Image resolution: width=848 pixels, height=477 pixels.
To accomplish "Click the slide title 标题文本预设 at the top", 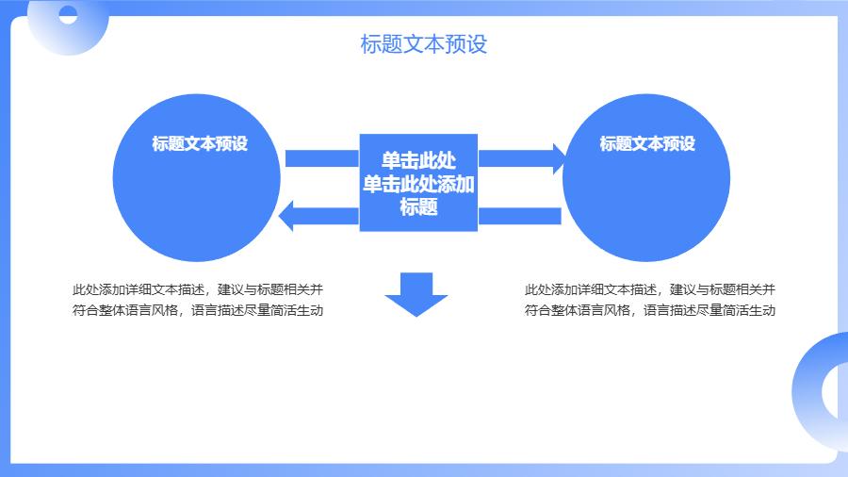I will (x=424, y=44).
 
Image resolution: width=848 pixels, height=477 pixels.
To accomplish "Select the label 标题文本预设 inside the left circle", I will (x=200, y=144).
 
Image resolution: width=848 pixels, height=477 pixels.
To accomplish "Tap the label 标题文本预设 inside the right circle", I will (x=647, y=144).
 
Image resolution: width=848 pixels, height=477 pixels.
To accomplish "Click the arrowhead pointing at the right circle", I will (x=559, y=157).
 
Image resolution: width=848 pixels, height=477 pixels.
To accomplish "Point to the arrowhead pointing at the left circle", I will (x=288, y=216).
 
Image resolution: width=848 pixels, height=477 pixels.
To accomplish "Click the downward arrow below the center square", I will (x=416, y=295).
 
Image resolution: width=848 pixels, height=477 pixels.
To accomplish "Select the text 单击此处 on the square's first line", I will (x=418, y=160).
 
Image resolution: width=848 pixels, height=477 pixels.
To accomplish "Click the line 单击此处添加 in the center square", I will (x=418, y=184).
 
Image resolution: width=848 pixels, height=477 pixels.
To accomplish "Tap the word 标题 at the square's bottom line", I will (x=418, y=207).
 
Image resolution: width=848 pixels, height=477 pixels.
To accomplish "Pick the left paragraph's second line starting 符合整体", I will (x=198, y=310).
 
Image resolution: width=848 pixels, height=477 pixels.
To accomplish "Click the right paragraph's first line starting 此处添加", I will (x=650, y=289).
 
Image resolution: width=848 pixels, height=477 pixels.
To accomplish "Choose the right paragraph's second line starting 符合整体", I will (x=650, y=310).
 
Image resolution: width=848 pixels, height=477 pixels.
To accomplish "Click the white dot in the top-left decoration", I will (x=68, y=14).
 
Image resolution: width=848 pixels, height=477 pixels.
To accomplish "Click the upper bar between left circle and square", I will (x=321, y=158).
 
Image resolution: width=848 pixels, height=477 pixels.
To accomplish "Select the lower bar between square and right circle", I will (x=520, y=216).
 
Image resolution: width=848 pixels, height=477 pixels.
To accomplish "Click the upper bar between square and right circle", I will (x=514, y=157).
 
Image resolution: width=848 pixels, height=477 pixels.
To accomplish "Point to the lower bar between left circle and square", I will (x=328, y=216).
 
